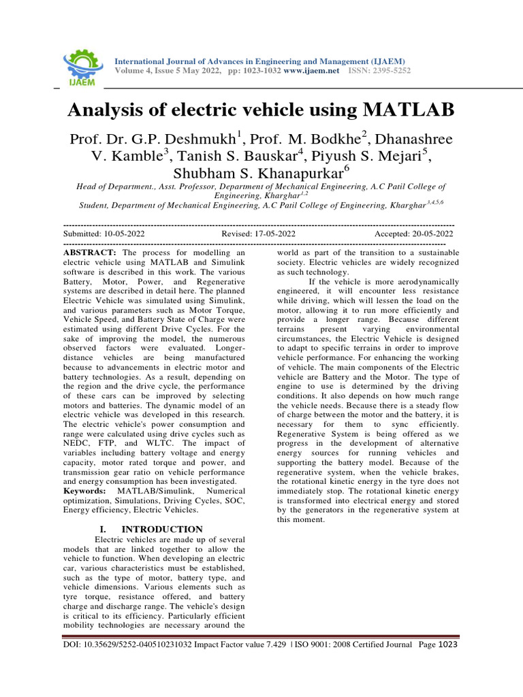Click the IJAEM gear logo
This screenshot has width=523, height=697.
[x=81, y=66]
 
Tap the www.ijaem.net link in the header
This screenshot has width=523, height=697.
[x=311, y=71]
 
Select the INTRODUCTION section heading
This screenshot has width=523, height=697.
[x=162, y=529]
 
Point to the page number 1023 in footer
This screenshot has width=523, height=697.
[x=447, y=645]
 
